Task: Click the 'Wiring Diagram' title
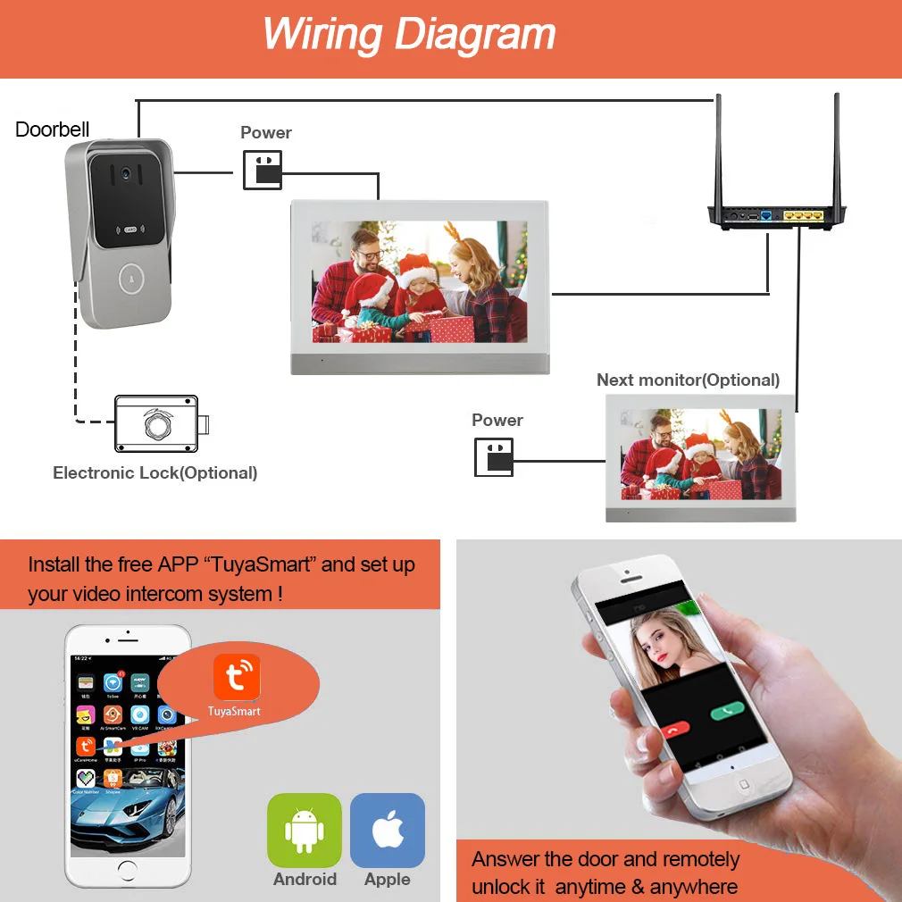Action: pyautogui.click(x=409, y=35)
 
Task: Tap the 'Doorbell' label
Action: pyautogui.click(x=53, y=129)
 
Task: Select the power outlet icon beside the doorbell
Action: pyautogui.click(x=263, y=170)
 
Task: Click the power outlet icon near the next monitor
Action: pyautogui.click(x=494, y=456)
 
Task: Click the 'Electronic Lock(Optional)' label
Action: pyautogui.click(x=155, y=472)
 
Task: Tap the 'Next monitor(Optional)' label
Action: pyautogui.click(x=688, y=380)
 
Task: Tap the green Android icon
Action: pyautogui.click(x=305, y=830)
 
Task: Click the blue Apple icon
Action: pyautogui.click(x=387, y=830)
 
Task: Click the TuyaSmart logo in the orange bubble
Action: pyautogui.click(x=237, y=677)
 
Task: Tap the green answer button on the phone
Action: pyautogui.click(x=727, y=712)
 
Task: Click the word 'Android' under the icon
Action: pyautogui.click(x=305, y=879)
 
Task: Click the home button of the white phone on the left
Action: pyautogui.click(x=128, y=868)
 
